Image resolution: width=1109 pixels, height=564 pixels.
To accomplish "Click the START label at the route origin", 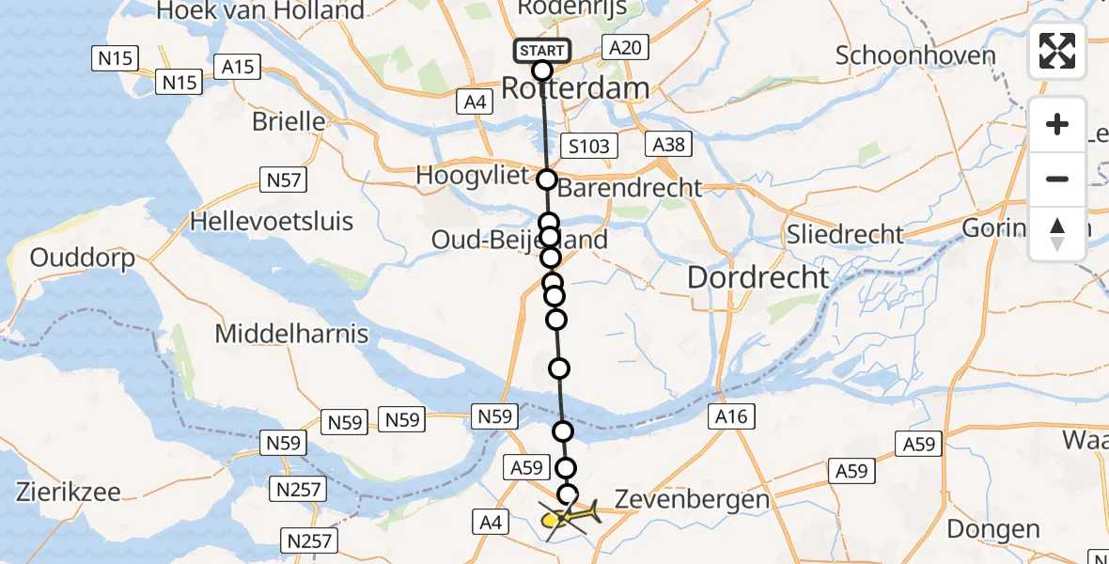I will click(x=542, y=50).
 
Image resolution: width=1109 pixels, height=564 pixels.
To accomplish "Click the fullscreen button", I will click(x=1057, y=51).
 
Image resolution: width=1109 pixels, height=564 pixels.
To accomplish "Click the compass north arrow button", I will click(x=1057, y=234).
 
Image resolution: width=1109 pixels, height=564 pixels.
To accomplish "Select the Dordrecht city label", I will click(x=758, y=277).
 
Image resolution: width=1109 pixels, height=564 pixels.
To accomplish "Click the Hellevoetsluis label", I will click(x=272, y=222).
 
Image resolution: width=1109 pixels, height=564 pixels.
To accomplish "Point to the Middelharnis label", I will click(x=291, y=334).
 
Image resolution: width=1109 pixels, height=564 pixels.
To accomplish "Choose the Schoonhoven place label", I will click(x=914, y=55).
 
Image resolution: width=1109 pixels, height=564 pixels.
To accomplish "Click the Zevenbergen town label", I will click(x=691, y=500).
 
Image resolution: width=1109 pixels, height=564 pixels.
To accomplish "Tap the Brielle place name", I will click(x=289, y=122).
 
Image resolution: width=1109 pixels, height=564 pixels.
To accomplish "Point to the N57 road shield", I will click(x=281, y=176).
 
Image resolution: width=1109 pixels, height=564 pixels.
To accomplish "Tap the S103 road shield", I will click(x=589, y=146).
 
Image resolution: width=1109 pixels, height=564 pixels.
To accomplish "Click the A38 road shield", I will click(x=668, y=144).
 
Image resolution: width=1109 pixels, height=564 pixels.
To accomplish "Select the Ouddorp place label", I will click(x=82, y=258).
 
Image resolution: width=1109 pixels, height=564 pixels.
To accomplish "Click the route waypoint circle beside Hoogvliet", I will click(x=546, y=179).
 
